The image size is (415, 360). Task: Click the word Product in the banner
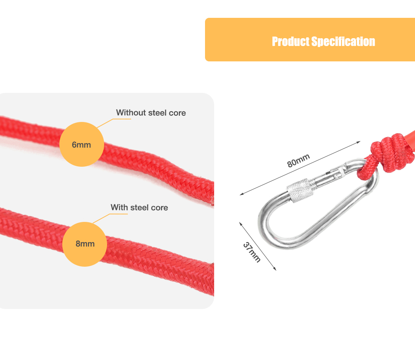click(x=290, y=41)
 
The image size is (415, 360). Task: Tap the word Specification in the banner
click(x=343, y=41)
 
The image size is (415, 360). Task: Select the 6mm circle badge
click(x=81, y=144)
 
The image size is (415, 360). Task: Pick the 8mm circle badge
click(x=85, y=244)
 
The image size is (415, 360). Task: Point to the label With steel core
click(x=139, y=207)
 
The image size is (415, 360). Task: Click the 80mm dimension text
click(x=298, y=160)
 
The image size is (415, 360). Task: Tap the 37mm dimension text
click(x=252, y=252)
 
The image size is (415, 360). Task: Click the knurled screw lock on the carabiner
click(x=300, y=190)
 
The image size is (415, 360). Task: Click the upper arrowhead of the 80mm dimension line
click(x=359, y=142)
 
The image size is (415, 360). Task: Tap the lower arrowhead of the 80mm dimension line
click(x=242, y=194)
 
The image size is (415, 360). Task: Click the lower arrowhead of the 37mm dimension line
click(x=275, y=269)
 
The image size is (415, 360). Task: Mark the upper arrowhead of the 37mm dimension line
click(x=241, y=224)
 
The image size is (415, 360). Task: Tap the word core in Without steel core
click(x=177, y=113)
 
